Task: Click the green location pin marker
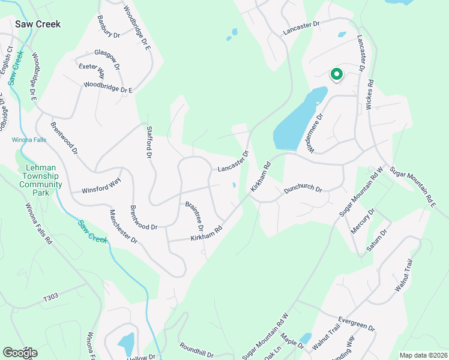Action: (337, 74)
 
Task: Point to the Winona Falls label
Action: (29, 140)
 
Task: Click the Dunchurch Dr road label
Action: (303, 188)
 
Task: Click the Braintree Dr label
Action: (195, 216)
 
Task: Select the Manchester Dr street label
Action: (123, 226)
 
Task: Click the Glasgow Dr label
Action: (107, 59)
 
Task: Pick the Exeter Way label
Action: (92, 71)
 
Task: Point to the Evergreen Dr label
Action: (356, 325)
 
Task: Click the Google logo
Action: (20, 352)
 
